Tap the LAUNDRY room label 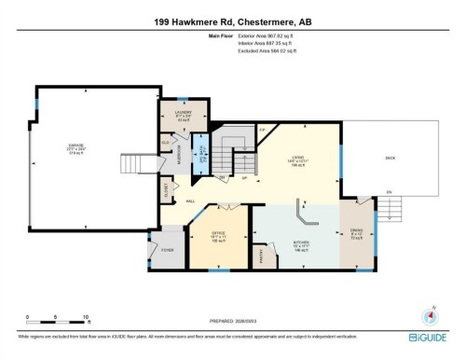click(184, 113)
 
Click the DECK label click(390, 158)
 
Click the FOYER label click(168, 251)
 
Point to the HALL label click(189, 201)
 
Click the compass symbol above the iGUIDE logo click(431, 315)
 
